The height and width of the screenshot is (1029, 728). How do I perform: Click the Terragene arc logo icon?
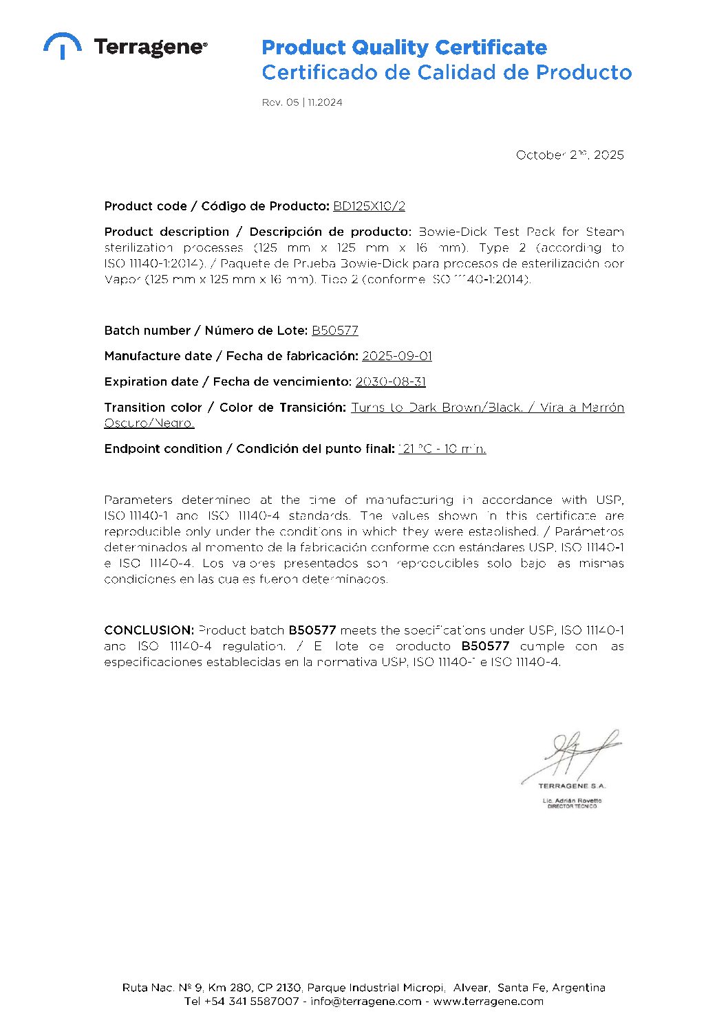[x=63, y=45]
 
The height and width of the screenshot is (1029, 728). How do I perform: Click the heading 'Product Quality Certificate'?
[x=404, y=47]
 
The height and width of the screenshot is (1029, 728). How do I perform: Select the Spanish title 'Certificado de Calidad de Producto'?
[x=447, y=72]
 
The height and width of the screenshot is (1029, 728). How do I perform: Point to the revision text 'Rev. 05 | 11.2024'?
[x=302, y=102]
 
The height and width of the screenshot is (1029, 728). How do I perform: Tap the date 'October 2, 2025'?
[x=570, y=155]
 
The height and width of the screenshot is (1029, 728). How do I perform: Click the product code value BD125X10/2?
[x=370, y=206]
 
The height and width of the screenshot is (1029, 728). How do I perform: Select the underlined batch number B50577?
[x=335, y=331]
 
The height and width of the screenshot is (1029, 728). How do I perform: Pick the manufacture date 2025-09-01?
[x=397, y=356]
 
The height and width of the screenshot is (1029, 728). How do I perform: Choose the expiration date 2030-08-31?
[x=391, y=381]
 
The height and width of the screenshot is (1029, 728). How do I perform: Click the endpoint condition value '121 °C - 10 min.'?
[x=442, y=449]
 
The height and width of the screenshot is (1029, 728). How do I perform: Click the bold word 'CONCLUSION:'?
[x=149, y=630]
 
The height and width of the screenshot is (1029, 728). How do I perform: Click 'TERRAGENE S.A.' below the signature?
[x=572, y=786]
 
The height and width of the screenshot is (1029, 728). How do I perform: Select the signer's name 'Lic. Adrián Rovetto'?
[x=572, y=801]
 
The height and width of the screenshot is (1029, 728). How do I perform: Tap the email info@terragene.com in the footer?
[x=366, y=1002]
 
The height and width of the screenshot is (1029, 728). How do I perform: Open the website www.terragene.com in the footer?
[x=488, y=1002]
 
